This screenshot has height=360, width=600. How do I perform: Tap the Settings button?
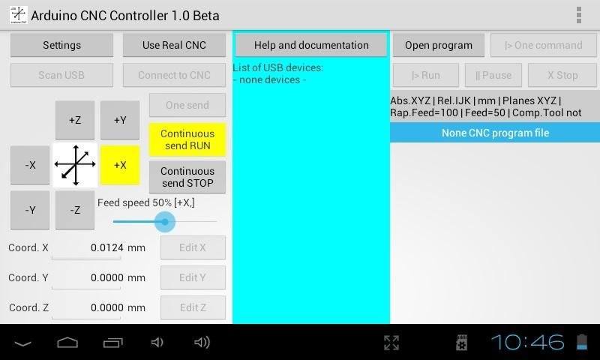coord(61,45)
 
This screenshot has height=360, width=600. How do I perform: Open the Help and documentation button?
coord(311,45)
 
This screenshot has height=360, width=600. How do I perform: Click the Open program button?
coord(439,45)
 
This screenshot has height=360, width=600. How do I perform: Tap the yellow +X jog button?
coord(120,165)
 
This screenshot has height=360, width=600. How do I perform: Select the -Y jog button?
coord(30,210)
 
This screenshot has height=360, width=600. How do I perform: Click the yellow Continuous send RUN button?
coord(187,139)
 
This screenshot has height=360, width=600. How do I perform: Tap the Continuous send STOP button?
coord(187,177)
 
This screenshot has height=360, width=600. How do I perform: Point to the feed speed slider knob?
coord(165,221)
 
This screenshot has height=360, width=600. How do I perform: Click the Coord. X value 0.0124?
coord(107,247)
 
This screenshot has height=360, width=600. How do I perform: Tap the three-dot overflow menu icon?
coord(579,15)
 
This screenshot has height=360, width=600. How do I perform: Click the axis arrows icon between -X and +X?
coord(75,165)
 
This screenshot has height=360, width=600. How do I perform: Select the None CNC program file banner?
coord(495,133)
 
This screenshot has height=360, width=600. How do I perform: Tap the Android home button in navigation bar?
coord(67,343)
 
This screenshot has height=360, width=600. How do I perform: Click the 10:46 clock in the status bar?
coord(528,342)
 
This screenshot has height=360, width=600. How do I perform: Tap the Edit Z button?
coord(193,307)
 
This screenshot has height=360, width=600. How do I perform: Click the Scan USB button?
coord(61,75)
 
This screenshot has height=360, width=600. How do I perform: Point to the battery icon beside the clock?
coord(582,342)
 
